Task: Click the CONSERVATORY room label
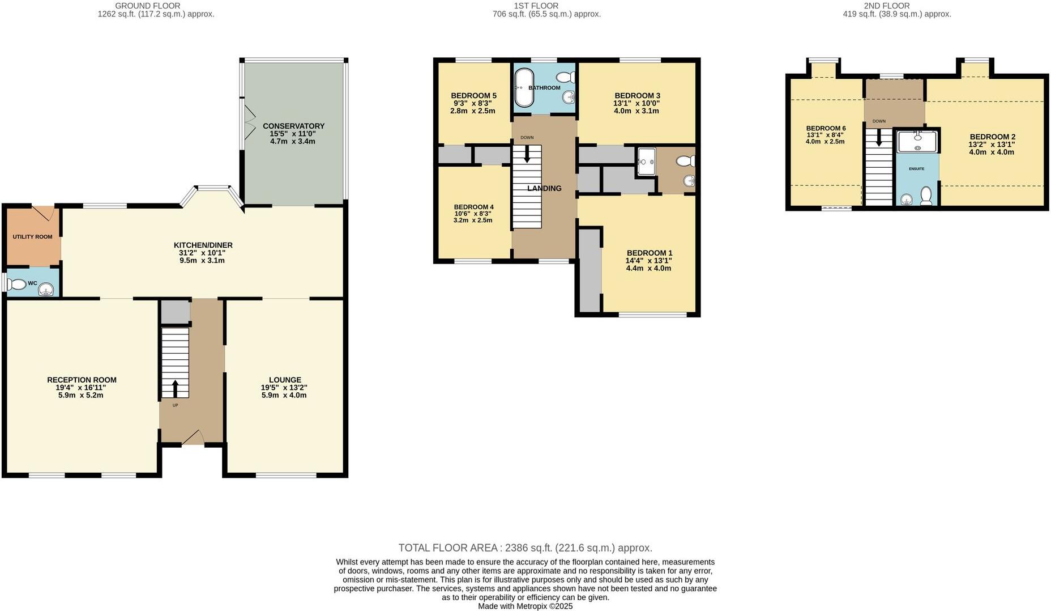[293, 126]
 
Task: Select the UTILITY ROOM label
[32, 237]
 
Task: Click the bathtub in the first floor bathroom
[524, 88]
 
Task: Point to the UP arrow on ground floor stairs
[174, 389]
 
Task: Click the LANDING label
[544, 188]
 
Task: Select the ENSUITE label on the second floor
[916, 169]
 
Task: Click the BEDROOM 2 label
[992, 137]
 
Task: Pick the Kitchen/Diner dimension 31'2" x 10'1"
[202, 253]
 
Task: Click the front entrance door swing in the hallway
[193, 437]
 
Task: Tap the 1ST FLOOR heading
[528, 6]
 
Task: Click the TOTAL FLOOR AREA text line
[525, 548]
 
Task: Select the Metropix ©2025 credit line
[525, 606]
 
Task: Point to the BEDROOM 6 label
[826, 128]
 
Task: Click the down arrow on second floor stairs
[878, 137]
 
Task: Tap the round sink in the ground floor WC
[45, 290]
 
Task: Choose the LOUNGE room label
[285, 380]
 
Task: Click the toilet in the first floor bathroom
[565, 77]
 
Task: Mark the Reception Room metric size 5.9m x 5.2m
[81, 395]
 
